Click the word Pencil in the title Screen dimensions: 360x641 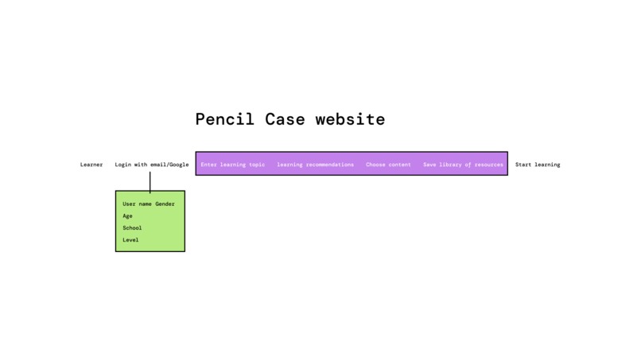[x=225, y=119]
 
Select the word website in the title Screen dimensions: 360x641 [x=350, y=119]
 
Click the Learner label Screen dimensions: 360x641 [x=91, y=165]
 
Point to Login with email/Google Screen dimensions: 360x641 [x=152, y=165]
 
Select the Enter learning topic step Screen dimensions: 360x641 [x=233, y=165]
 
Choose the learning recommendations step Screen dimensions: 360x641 [x=315, y=165]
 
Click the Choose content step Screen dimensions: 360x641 [x=388, y=165]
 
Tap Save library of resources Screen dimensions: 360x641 [x=463, y=165]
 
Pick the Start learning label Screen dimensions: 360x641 [x=538, y=165]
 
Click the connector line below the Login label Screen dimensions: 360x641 [x=150, y=181]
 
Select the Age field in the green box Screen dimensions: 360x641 [x=127, y=216]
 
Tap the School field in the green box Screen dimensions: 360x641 [x=132, y=228]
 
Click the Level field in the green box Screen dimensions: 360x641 [x=130, y=240]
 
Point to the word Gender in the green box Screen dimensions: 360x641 [x=165, y=204]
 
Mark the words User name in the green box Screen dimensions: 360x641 [x=137, y=204]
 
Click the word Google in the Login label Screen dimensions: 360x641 [x=178, y=165]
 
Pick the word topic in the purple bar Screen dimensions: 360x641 [x=256, y=165]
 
